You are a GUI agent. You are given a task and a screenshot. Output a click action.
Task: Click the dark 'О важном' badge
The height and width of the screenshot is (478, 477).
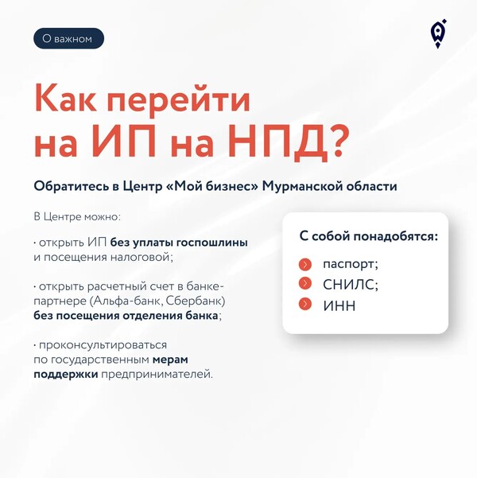(x=68, y=38)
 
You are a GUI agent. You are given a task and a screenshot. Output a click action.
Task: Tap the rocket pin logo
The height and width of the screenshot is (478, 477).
(x=438, y=34)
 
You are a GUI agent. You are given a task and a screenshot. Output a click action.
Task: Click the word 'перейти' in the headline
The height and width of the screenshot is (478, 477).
(x=178, y=99)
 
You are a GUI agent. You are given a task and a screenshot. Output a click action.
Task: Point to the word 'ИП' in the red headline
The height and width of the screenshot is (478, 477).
(x=126, y=142)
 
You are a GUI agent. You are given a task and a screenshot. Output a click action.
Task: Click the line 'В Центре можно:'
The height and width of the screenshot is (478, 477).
(x=77, y=217)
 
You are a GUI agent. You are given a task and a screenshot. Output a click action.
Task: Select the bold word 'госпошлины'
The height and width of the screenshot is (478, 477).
(x=212, y=243)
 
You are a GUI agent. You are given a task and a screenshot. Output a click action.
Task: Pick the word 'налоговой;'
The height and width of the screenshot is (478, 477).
(x=142, y=257)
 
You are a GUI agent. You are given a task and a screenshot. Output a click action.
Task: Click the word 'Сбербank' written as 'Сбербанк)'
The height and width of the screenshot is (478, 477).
(x=196, y=301)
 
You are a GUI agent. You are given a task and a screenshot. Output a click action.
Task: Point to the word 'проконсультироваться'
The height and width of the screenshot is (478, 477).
(x=103, y=345)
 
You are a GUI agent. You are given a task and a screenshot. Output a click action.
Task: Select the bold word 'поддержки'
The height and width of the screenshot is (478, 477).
(x=66, y=374)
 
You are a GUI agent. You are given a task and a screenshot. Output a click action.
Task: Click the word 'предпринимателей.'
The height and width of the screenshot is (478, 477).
(x=157, y=374)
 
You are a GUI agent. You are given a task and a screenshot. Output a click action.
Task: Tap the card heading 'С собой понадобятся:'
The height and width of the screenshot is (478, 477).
(x=369, y=236)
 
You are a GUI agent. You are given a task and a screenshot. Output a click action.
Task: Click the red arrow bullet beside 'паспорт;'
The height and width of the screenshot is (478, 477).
(x=304, y=264)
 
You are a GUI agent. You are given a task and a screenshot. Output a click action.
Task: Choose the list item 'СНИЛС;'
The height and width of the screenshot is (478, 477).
(x=351, y=285)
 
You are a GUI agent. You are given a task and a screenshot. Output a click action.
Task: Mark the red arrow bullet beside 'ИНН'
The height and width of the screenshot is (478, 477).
(x=304, y=305)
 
